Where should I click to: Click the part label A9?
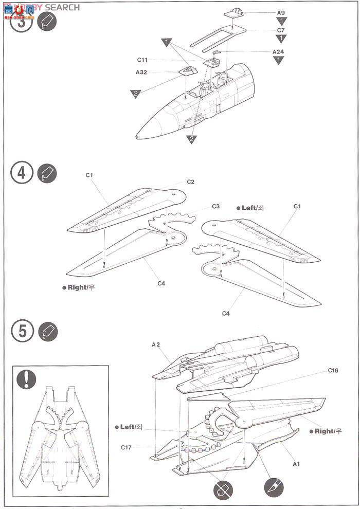[281, 12]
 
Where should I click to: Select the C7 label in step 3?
[281, 30]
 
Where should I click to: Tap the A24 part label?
[278, 52]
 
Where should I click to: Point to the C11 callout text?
[142, 60]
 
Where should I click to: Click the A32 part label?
[141, 72]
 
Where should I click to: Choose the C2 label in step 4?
[190, 181]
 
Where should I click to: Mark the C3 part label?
[216, 207]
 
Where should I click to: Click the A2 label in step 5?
[156, 346]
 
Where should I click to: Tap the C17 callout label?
[127, 447]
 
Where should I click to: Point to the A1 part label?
[296, 464]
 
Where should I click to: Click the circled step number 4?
[21, 173]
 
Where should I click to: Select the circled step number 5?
[21, 331]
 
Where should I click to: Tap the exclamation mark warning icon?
[26, 379]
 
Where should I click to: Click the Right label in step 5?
[325, 431]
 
